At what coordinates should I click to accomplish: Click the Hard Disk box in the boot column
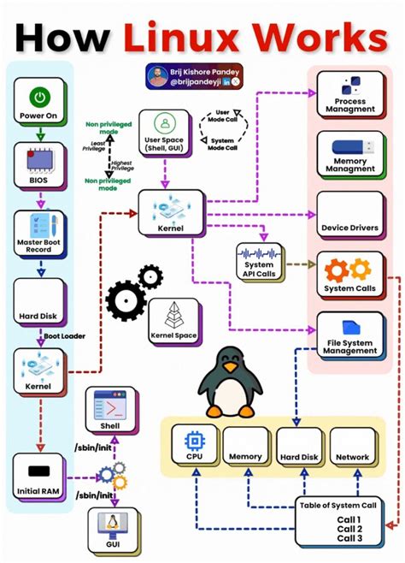click(x=39, y=303)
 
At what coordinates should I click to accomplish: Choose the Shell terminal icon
click(x=109, y=409)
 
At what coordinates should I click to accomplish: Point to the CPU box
click(x=193, y=447)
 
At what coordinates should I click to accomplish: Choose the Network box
click(x=352, y=447)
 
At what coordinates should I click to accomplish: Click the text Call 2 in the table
click(x=349, y=528)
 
